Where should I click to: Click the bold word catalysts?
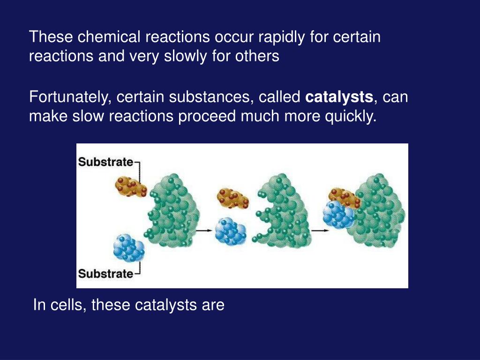pos(339,98)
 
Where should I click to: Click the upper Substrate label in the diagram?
pos(105,162)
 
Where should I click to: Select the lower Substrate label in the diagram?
pos(105,273)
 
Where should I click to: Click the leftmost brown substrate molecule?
pos(130,187)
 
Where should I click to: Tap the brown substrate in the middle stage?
pos(232,198)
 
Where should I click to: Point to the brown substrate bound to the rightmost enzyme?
pos(344,196)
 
